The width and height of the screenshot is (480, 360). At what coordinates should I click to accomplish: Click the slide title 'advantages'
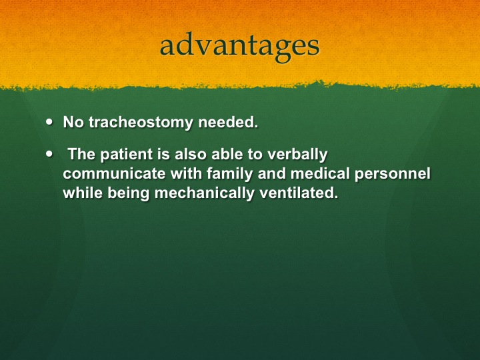(240, 47)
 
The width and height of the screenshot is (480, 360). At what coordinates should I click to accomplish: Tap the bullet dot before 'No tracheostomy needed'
(49, 121)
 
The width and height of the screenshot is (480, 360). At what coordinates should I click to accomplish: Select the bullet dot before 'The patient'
(49, 154)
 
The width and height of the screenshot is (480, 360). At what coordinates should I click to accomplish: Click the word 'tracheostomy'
(141, 123)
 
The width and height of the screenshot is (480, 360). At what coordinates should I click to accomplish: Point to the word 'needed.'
(229, 122)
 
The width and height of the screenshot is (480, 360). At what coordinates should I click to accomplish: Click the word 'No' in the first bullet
(73, 122)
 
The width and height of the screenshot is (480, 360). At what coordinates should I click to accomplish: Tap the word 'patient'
(127, 154)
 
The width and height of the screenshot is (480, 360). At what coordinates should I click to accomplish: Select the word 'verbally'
(297, 155)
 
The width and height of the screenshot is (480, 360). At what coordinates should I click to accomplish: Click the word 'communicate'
(114, 173)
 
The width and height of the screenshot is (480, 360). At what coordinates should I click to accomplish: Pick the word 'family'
(230, 174)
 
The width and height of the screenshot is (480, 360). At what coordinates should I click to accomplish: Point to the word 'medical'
(320, 173)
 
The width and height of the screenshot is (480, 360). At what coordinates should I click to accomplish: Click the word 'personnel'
(393, 174)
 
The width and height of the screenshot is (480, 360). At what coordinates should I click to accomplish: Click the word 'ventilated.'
(299, 193)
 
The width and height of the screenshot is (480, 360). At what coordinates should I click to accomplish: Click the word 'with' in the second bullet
(186, 173)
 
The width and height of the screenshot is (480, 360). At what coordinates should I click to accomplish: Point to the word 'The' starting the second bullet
(81, 154)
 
